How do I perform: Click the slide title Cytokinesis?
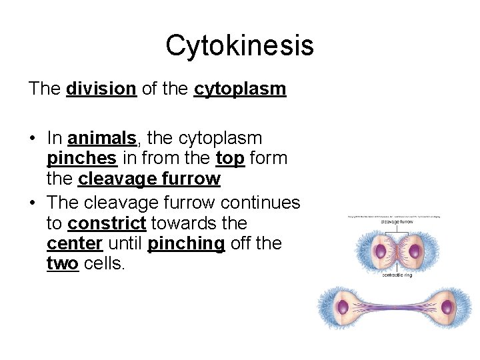[239, 45]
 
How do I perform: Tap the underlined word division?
[101, 89]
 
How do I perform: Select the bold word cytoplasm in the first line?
[240, 89]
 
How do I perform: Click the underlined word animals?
[101, 139]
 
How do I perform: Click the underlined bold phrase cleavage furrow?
[149, 179]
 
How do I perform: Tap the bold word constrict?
[107, 223]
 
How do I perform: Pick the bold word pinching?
[186, 244]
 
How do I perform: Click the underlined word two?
[62, 264]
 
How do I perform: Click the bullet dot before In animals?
[32, 139]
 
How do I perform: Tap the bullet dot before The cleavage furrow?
[32, 203]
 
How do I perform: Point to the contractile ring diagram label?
[397, 275]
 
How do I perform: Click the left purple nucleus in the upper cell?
[379, 251]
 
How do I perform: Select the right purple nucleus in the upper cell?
[415, 251]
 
